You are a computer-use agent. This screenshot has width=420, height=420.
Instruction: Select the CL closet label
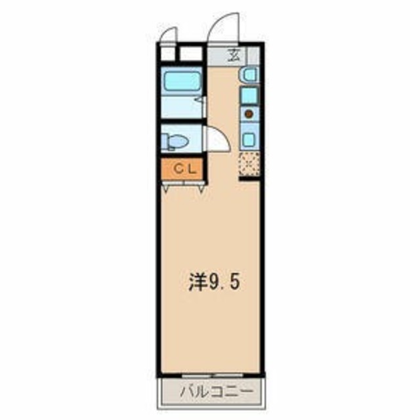coord(182,169)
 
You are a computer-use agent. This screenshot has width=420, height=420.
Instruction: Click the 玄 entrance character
coord(234,54)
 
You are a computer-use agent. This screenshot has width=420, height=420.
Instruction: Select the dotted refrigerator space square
coord(249,164)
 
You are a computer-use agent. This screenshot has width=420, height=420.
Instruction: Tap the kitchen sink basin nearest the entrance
coord(249,75)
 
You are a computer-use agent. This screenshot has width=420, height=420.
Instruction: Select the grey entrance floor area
coord(223,55)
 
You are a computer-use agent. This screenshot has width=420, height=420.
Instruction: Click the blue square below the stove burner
coord(249,138)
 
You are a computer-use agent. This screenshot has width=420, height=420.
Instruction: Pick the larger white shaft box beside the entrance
coord(191,54)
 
